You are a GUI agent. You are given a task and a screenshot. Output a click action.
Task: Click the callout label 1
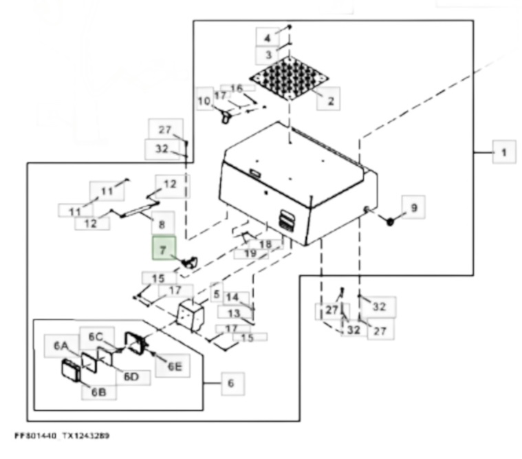(x=504, y=152)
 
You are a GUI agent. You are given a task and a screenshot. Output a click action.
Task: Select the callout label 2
(x=330, y=100)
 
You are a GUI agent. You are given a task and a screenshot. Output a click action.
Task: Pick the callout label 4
(x=267, y=37)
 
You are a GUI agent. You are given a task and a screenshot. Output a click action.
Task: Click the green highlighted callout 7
(x=163, y=250)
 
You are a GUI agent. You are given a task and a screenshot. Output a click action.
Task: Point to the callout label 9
(x=413, y=206)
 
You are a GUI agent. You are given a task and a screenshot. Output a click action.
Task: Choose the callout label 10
(x=204, y=101)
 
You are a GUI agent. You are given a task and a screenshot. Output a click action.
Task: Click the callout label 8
(x=162, y=223)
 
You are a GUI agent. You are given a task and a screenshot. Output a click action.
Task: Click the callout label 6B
(x=98, y=392)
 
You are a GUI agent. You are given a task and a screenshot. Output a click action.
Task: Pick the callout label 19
(x=250, y=253)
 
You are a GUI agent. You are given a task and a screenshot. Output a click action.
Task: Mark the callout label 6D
(x=131, y=376)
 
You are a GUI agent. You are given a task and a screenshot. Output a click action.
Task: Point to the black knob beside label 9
(x=390, y=222)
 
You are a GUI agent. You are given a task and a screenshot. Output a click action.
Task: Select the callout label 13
(x=235, y=313)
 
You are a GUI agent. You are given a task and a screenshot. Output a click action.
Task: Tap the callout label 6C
(x=96, y=337)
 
